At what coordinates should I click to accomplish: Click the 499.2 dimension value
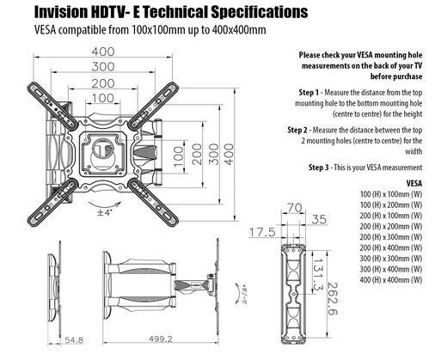pyautogui.click(x=161, y=339)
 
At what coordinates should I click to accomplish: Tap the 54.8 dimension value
pyautogui.click(x=74, y=340)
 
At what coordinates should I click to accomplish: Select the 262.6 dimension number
pyautogui.click(x=333, y=299)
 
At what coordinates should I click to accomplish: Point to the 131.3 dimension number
pyautogui.click(x=317, y=274)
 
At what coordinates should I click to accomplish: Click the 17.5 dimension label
pyautogui.click(x=262, y=232)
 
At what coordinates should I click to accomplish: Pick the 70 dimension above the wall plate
pyautogui.click(x=294, y=208)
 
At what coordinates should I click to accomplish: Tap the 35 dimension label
pyautogui.click(x=319, y=219)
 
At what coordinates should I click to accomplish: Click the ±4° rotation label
pyautogui.click(x=105, y=212)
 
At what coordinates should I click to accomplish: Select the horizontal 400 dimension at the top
pyautogui.click(x=103, y=52)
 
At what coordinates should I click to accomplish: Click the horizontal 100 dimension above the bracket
pyautogui.click(x=103, y=98)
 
